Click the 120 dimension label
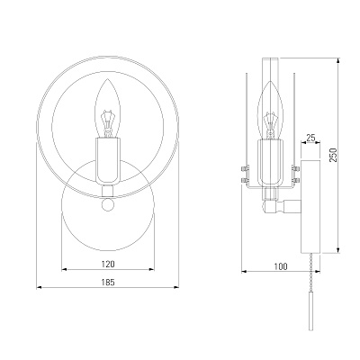108,265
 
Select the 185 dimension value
108,283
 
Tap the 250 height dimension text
333,155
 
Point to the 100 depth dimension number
281,266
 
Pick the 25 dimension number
310,138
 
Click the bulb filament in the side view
270,123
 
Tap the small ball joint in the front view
108,204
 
